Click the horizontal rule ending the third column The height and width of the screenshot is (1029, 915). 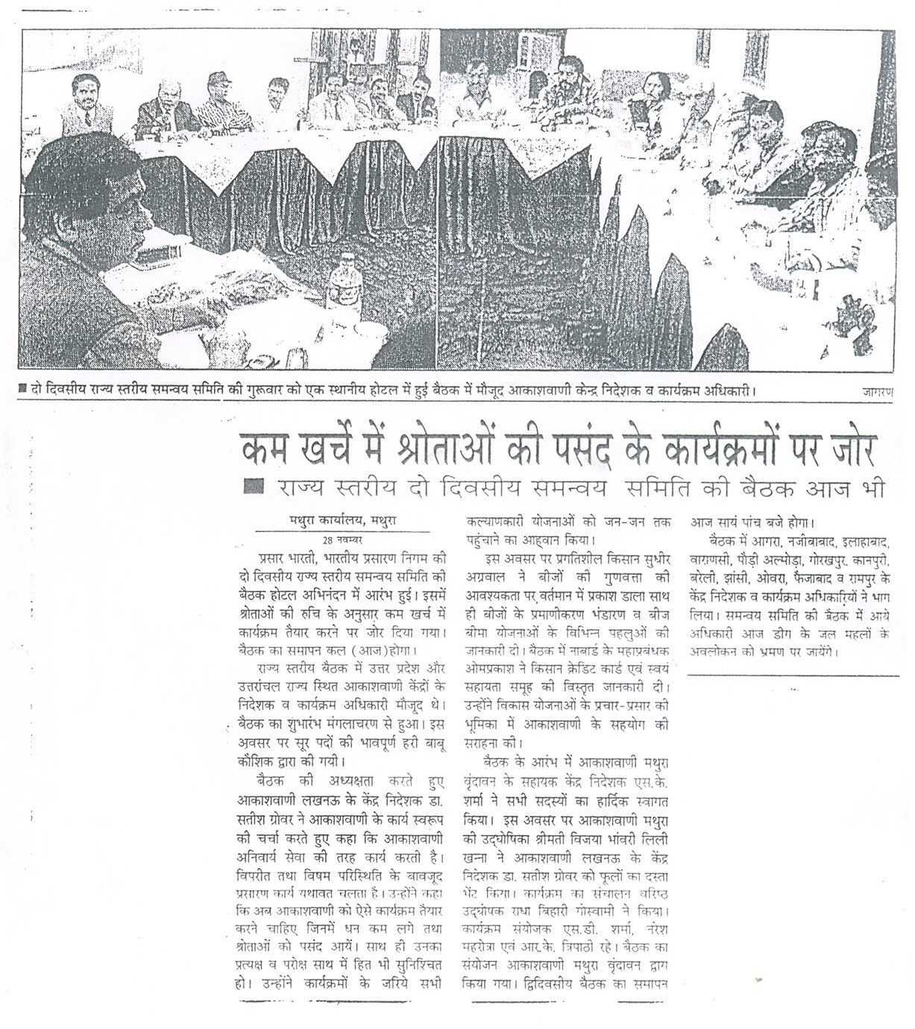click(793, 676)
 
